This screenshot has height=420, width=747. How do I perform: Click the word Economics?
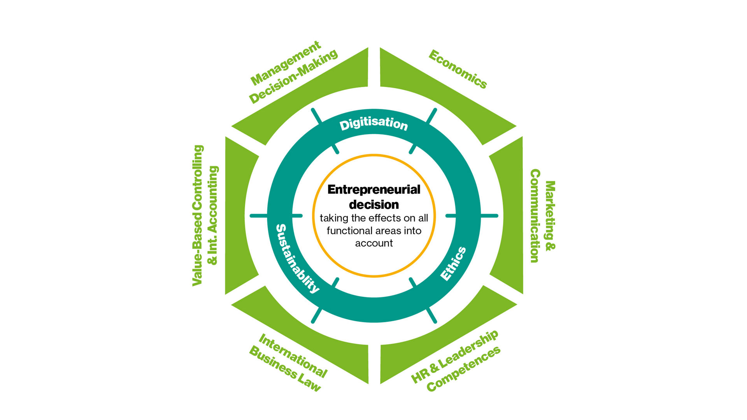tap(458, 69)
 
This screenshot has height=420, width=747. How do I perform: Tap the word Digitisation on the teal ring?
tap(373, 124)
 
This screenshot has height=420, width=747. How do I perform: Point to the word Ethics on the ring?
tap(453, 264)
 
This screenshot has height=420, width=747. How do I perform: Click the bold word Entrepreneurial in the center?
tap(373, 189)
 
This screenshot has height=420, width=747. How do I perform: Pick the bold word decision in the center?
tap(373, 205)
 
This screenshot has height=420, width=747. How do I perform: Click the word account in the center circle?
tap(373, 243)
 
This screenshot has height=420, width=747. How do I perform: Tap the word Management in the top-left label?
tap(286, 63)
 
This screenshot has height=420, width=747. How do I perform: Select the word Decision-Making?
tap(293, 77)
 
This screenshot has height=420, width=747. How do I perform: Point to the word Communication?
tap(535, 216)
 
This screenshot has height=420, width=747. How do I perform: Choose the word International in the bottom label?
tap(293, 355)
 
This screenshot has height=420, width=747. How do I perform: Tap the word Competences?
tap(463, 369)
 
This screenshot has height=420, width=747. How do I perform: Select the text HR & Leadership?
tap(454, 356)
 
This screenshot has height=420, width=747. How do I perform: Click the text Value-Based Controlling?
tap(198, 216)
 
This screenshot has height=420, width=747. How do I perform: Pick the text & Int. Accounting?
tap(213, 216)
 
